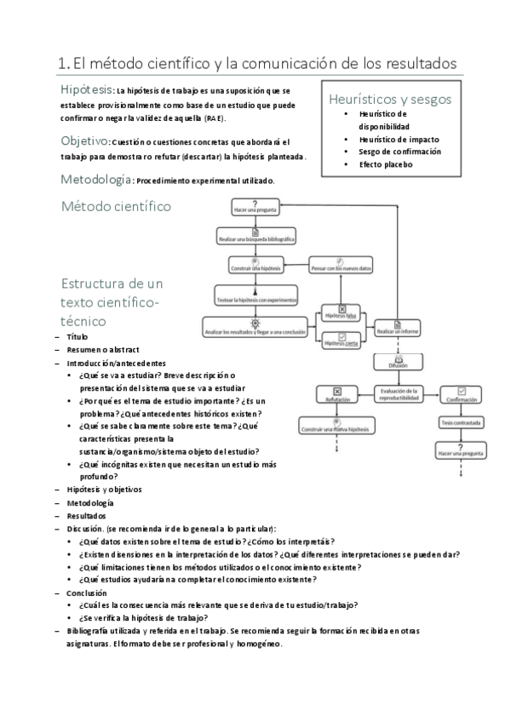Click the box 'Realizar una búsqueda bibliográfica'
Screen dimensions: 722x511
click(257, 238)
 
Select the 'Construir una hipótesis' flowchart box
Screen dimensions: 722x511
click(255, 267)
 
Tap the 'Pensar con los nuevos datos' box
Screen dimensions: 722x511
click(339, 267)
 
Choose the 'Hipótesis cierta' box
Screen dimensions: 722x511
click(341, 341)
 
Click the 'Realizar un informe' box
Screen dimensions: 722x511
click(396, 329)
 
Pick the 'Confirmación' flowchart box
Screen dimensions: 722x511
click(460, 396)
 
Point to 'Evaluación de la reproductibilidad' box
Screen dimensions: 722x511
click(397, 395)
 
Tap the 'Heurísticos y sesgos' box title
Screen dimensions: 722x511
click(390, 99)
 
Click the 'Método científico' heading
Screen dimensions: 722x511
click(116, 205)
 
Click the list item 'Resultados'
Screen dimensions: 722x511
click(87, 515)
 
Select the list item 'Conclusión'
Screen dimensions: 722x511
click(87, 592)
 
